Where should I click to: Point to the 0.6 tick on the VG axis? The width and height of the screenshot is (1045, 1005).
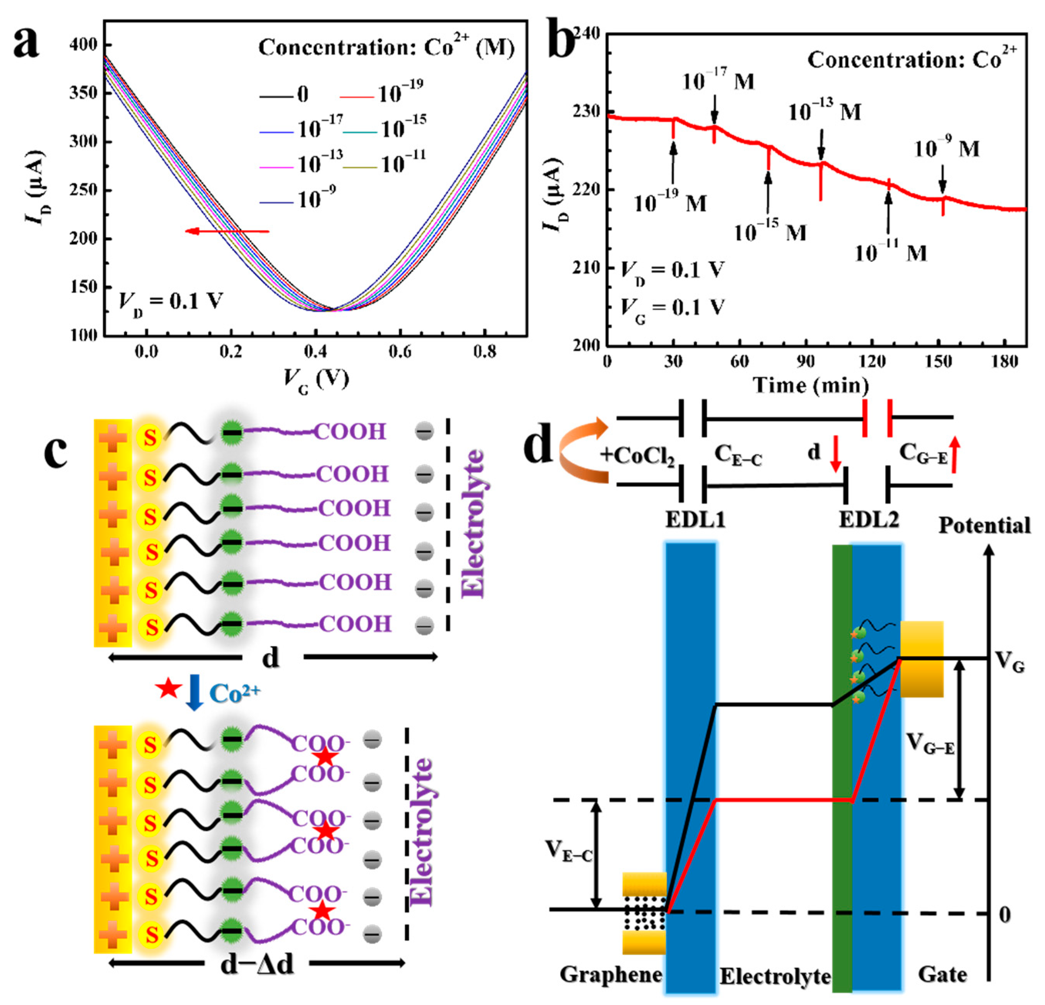(x=400, y=351)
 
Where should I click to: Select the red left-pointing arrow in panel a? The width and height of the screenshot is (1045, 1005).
(x=227, y=231)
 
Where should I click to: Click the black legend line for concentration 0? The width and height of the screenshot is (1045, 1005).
(x=277, y=97)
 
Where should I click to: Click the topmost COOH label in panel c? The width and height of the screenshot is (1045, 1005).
(x=349, y=431)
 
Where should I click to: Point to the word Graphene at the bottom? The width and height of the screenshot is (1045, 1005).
(x=611, y=974)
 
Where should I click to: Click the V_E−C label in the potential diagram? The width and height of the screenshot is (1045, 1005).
(x=568, y=849)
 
